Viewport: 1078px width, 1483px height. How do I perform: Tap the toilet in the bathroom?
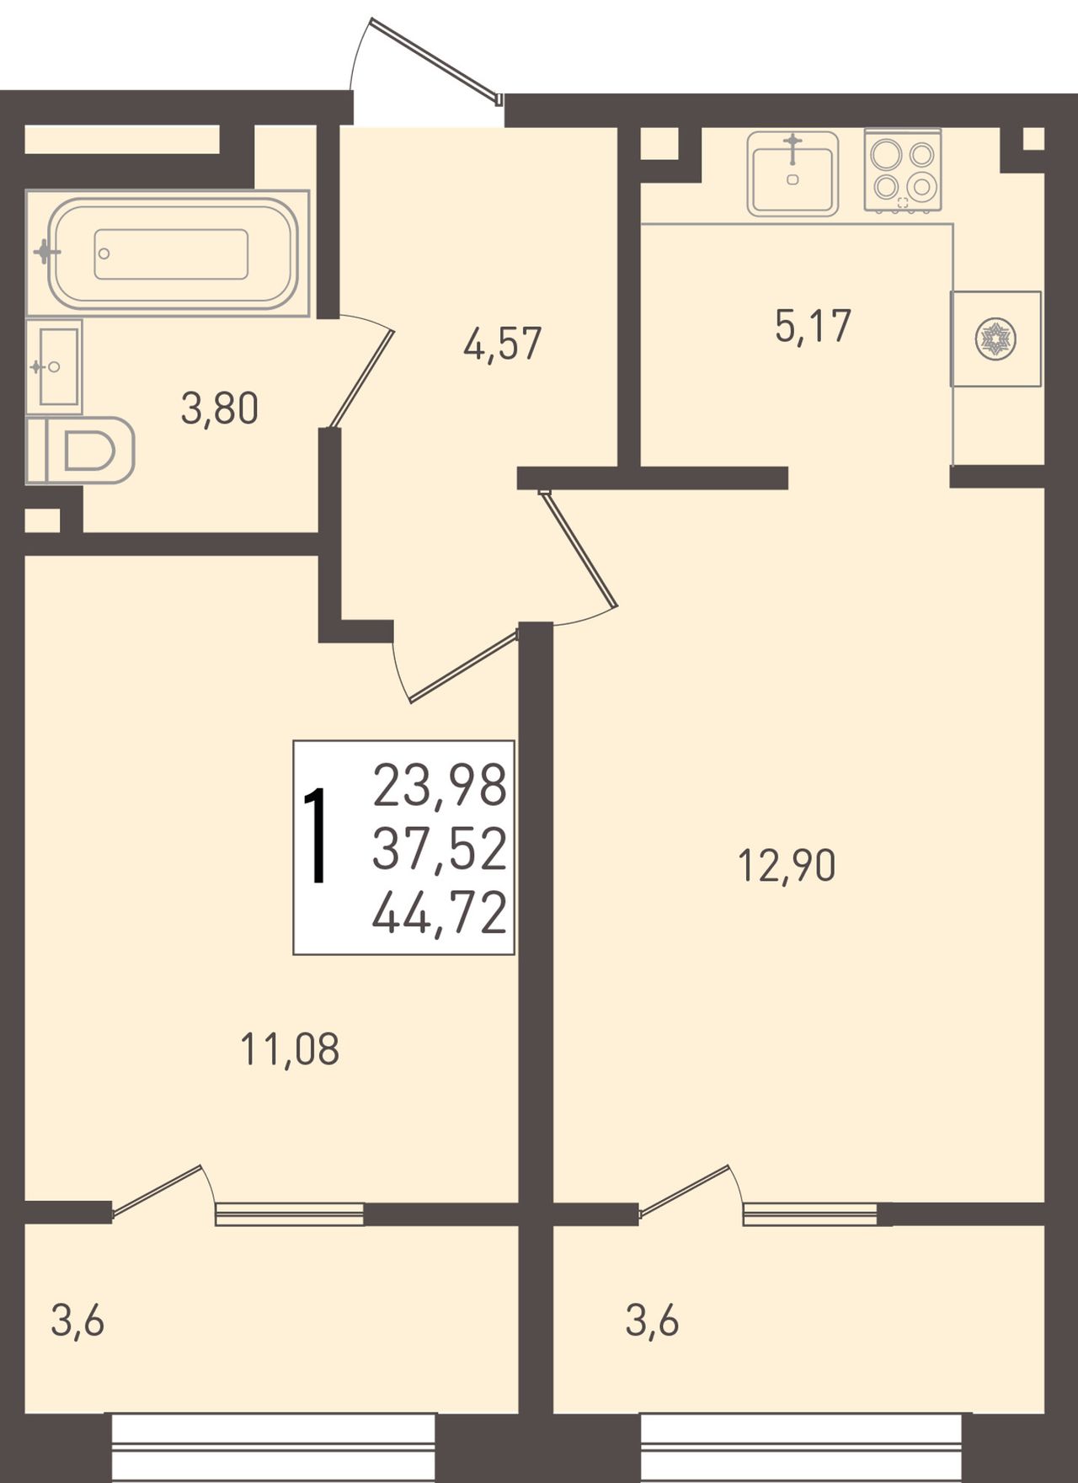[81, 451]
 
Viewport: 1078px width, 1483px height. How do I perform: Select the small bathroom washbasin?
[55, 366]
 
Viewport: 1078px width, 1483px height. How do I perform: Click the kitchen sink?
[792, 173]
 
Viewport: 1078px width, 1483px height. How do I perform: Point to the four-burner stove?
[903, 169]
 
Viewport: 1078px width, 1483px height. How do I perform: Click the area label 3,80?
[219, 410]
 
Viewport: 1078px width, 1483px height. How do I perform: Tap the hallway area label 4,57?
[502, 344]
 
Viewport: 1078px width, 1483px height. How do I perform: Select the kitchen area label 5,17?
[813, 327]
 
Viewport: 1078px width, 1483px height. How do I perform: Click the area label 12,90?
[787, 866]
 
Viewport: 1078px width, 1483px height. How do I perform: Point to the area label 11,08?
[290, 1050]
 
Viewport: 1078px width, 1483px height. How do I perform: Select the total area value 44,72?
[439, 913]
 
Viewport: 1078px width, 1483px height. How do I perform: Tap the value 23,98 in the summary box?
[440, 784]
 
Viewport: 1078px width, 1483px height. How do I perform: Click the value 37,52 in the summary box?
[440, 848]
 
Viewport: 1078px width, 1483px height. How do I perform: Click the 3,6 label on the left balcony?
[77, 1320]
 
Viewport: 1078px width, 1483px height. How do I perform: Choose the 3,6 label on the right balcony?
[652, 1320]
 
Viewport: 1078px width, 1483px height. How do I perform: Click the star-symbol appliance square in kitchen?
[995, 339]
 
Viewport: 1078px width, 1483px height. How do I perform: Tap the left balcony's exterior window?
[274, 1448]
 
